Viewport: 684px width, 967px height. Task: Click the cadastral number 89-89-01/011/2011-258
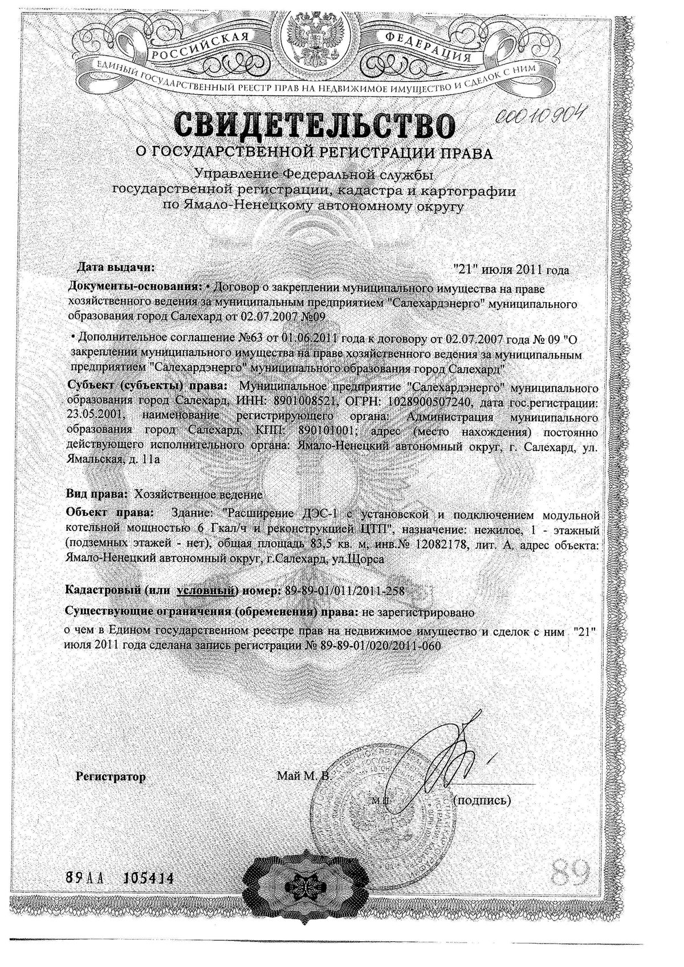coord(343,591)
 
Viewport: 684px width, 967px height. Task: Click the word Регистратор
coord(111,777)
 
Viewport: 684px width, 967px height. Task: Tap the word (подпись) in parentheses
coord(482,801)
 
